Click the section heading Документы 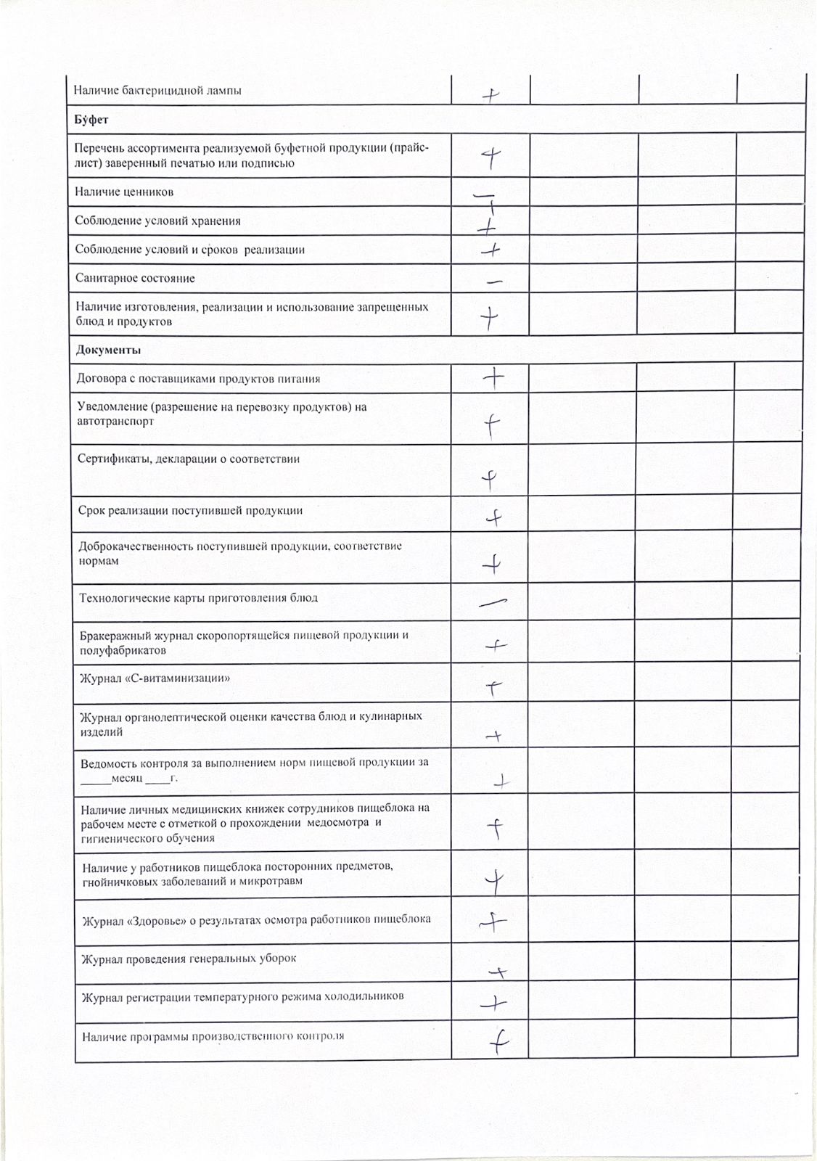[x=108, y=350]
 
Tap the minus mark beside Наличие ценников [x=483, y=195]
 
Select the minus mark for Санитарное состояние [x=495, y=282]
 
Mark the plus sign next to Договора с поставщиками [x=493, y=378]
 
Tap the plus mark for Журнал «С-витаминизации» [x=493, y=686]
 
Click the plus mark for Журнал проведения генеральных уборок [x=498, y=972]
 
